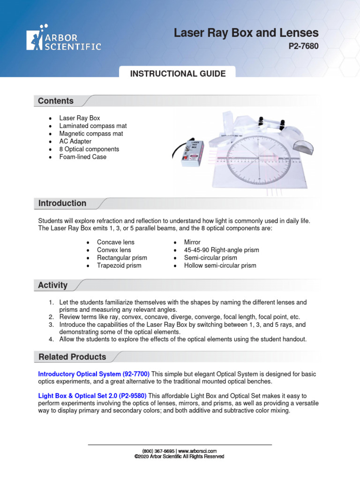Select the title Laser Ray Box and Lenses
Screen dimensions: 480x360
[246, 33]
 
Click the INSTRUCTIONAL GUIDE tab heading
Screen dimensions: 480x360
[178, 74]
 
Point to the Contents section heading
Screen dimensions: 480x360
[56, 101]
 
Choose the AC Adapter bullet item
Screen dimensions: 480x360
[75, 141]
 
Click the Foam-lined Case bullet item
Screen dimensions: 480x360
[82, 157]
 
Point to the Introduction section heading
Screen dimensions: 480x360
[62, 203]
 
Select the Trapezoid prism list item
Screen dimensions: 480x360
[119, 265]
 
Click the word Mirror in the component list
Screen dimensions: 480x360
[192, 242]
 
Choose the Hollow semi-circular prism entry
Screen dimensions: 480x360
[220, 265]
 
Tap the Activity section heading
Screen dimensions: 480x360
[53, 285]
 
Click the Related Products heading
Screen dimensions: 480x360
[72, 357]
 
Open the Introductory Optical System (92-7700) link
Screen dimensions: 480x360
[94, 374]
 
